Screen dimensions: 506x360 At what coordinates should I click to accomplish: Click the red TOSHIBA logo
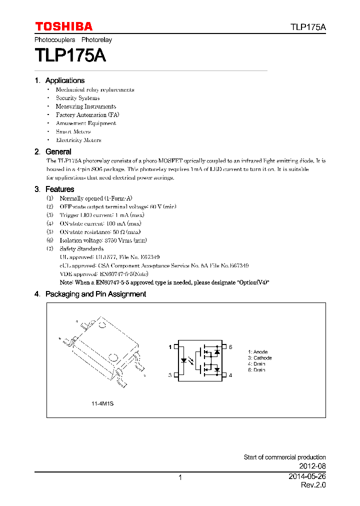click(63, 26)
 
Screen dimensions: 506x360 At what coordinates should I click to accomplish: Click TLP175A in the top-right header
click(308, 27)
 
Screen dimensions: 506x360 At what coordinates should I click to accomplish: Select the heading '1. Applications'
click(59, 80)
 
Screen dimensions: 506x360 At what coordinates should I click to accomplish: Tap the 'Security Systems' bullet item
click(77, 98)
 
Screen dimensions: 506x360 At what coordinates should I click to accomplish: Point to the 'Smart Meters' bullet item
click(73, 132)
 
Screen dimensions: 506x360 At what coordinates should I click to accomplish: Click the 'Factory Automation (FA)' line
click(87, 115)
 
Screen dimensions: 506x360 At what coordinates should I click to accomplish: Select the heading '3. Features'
click(54, 189)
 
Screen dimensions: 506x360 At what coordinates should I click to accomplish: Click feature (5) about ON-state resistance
click(100, 232)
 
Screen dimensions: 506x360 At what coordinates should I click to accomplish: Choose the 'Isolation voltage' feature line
click(103, 240)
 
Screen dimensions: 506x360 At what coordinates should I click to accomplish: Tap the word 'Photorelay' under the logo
click(96, 39)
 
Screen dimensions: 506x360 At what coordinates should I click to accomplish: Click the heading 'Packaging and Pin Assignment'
click(95, 294)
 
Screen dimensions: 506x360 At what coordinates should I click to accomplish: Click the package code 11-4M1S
click(102, 403)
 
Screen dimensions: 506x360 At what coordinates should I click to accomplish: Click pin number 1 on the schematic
click(170, 346)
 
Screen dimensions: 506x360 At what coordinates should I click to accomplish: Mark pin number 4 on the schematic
click(230, 375)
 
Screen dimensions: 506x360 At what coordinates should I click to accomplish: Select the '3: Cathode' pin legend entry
click(259, 358)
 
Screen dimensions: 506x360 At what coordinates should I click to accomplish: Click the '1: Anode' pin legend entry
click(258, 352)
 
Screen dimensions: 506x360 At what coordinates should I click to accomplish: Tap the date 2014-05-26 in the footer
click(307, 476)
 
